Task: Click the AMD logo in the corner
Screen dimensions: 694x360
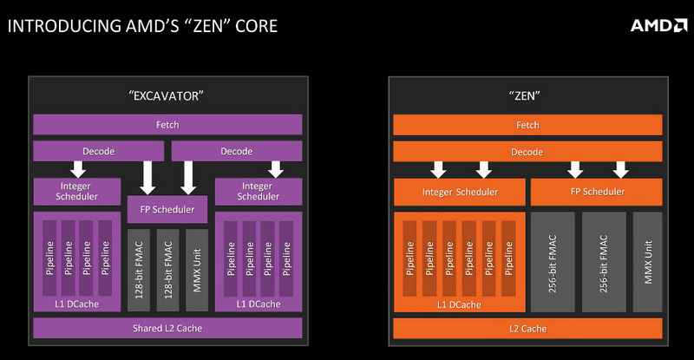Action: [658, 26]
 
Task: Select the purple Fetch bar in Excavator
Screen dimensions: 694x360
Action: [167, 125]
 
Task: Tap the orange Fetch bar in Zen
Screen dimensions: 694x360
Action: [527, 125]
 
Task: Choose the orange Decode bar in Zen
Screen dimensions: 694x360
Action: [527, 152]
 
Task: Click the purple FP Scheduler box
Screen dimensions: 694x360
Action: [167, 209]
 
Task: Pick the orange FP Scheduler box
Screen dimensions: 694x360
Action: [597, 192]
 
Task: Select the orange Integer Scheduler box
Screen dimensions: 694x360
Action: [460, 192]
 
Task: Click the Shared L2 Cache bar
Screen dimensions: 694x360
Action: [167, 328]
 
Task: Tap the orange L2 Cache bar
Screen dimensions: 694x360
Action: [527, 329]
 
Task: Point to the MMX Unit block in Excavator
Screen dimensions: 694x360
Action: [197, 270]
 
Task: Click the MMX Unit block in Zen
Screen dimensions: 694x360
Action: [647, 262]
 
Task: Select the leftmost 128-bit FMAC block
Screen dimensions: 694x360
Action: [139, 270]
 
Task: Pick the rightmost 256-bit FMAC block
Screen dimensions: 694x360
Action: [604, 262]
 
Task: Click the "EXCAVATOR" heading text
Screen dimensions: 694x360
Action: [166, 95]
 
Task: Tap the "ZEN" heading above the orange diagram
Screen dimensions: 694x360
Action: [525, 95]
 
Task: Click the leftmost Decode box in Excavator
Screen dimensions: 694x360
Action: [99, 151]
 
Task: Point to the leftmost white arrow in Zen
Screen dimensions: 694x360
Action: [438, 170]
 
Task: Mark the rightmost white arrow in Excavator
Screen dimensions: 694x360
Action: [276, 169]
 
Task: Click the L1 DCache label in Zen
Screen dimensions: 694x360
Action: [459, 304]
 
